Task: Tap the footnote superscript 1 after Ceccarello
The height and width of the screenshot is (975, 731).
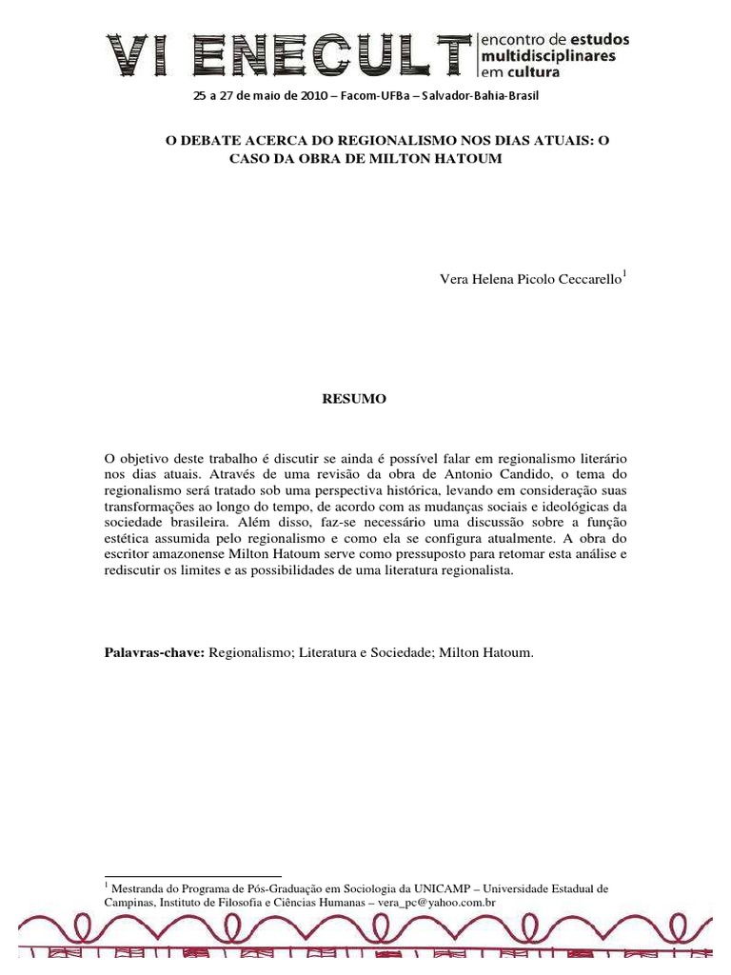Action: coord(623,274)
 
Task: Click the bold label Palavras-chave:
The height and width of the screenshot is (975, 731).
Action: coord(154,655)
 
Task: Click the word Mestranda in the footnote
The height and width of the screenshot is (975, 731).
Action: coord(140,887)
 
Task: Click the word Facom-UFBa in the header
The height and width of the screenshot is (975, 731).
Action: coord(363,96)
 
